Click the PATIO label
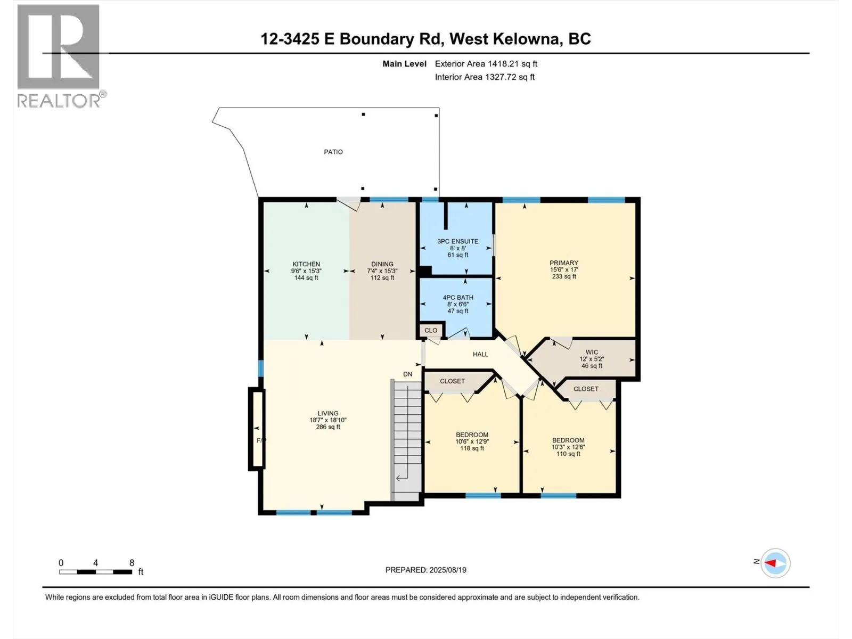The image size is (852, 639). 333,152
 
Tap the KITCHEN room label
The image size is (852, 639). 306,271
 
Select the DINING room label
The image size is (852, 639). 382,271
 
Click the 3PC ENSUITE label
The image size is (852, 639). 457,248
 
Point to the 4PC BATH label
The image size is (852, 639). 457,304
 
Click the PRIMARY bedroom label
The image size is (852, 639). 563,269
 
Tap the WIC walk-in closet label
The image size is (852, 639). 591,359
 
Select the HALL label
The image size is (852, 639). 480,354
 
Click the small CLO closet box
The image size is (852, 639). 431,331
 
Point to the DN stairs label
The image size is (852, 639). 407,374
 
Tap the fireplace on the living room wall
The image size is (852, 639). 257,428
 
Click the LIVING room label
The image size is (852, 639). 327,420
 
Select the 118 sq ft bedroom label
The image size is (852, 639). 472,441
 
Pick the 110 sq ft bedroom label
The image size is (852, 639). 568,447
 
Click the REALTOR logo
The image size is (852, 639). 60,56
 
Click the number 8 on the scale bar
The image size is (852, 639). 132,563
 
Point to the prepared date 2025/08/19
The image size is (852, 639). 425,570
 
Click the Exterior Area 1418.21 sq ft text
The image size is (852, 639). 486,64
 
